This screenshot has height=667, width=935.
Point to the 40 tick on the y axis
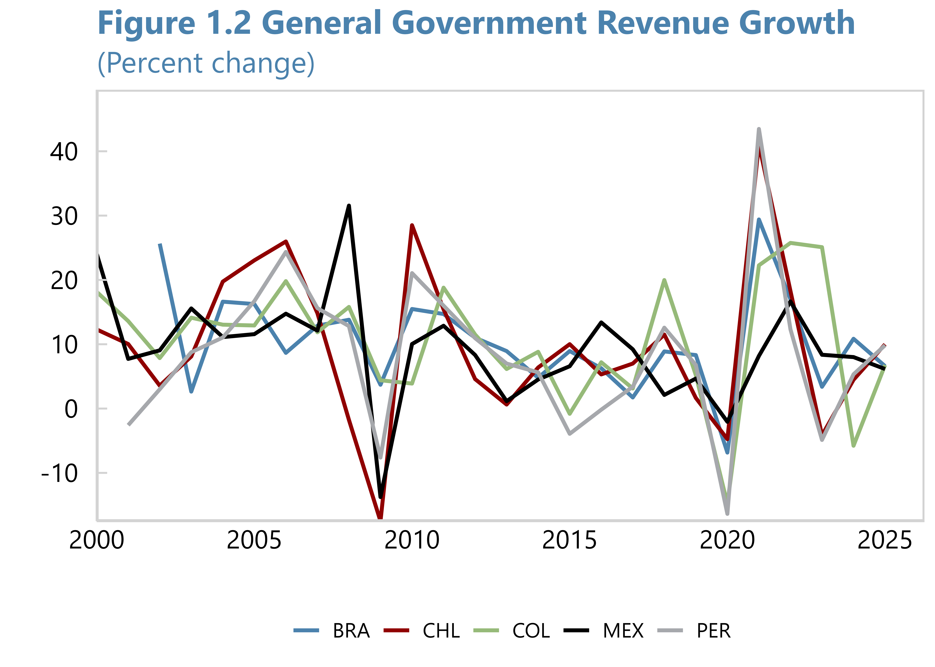point(64,152)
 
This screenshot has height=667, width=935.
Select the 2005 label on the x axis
point(254,540)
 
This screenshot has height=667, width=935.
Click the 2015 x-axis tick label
point(569,540)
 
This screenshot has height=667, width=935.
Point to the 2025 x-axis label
point(885,540)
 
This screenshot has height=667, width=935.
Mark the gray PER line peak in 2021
point(759,129)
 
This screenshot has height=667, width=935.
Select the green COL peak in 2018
point(664,280)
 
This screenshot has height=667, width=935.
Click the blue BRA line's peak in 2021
point(759,219)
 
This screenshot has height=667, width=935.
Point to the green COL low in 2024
point(854,446)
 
